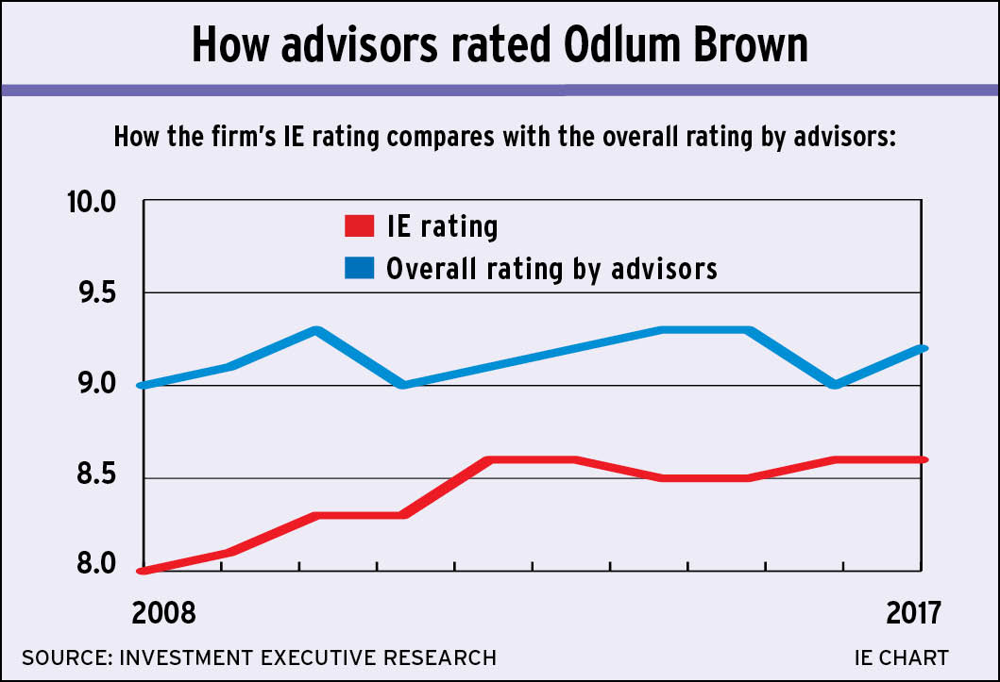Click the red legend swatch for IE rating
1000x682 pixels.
pos(359,227)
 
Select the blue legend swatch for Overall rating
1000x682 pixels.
pos(359,268)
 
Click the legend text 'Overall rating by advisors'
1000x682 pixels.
pos(551,269)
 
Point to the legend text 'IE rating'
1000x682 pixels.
pos(442,227)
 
